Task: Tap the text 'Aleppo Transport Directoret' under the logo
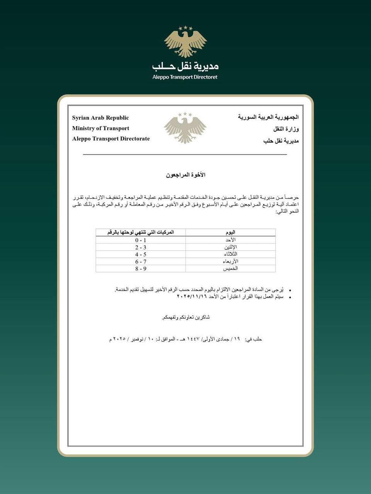(185, 77)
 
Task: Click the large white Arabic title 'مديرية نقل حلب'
(185, 66)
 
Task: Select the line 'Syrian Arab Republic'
(100, 118)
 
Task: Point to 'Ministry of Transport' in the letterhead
(100, 128)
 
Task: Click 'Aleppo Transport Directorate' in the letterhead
(111, 139)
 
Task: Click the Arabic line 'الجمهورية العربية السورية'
(268, 117)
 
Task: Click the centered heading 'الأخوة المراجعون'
(185, 175)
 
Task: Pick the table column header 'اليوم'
(230, 232)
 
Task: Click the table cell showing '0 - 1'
(141, 240)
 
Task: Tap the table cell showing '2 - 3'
(141, 247)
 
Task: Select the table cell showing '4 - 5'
(141, 254)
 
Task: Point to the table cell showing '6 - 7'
(141, 261)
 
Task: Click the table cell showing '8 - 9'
(141, 268)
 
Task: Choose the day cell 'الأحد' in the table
(230, 240)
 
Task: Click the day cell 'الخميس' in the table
(230, 268)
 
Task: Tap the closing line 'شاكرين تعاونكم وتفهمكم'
(185, 317)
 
